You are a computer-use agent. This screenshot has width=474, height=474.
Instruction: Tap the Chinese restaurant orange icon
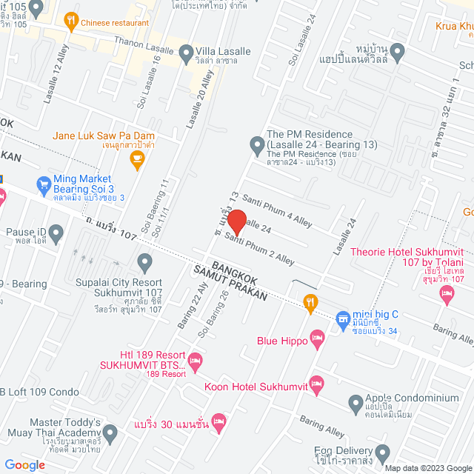coord(71,22)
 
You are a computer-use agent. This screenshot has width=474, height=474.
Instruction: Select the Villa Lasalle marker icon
coord(184,52)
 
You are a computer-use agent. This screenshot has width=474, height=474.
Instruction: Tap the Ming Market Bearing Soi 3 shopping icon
coord(43,182)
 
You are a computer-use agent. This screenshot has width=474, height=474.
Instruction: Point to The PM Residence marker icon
coord(257,143)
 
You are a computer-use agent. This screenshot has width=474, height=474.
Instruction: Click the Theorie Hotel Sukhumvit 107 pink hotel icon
coord(447,295)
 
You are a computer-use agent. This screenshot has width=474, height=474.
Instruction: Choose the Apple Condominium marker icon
coord(355,404)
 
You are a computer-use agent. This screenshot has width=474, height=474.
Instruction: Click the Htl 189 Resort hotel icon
coord(195,362)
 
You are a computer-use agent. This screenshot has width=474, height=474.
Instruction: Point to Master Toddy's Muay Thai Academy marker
coord(110,432)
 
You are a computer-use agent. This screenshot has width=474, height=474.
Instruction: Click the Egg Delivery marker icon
coord(382,452)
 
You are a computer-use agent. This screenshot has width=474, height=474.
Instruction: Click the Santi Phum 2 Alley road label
coord(260,249)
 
